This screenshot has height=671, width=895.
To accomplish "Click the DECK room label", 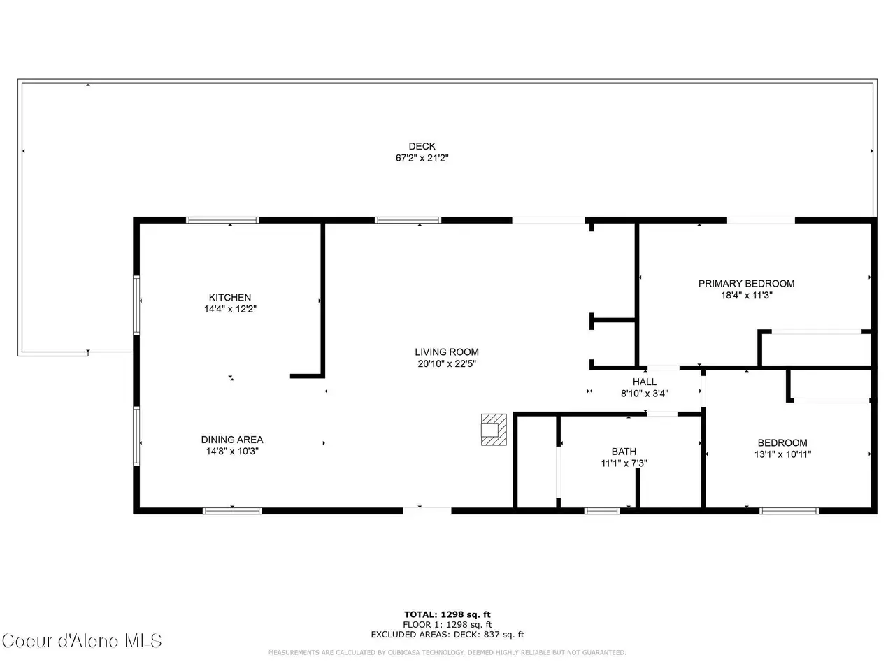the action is point(422,146).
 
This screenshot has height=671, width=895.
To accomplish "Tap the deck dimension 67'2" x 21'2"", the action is point(422,158).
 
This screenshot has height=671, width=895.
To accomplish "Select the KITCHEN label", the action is point(229,298).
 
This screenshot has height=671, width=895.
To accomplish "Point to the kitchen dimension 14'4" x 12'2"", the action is point(230,309).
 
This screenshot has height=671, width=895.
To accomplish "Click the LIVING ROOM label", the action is point(447,352).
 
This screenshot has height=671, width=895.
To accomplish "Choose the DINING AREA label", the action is point(231,440).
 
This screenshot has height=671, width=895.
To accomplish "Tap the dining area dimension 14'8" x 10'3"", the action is point(232,451).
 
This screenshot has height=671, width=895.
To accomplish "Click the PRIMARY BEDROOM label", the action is point(746,284).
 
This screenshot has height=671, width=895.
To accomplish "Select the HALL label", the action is point(644,382).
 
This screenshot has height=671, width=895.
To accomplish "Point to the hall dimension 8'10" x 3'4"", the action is point(644,393).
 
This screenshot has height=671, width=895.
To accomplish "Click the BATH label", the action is point(624,452).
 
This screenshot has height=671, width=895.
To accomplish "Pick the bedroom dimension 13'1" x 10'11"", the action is point(782,454).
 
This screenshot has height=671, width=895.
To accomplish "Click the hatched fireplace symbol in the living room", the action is point(494,430).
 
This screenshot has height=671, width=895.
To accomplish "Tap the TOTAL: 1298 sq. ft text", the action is point(447,614).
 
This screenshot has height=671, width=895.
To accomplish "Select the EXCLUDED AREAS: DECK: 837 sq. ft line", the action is point(447,635).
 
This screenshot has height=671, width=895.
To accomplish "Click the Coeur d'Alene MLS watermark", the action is point(82,641).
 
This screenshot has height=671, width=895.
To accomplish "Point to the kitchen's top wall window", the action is point(222,220).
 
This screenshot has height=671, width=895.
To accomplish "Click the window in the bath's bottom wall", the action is point(602,511).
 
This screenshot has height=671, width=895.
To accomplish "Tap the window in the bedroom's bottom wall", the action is point(789,511).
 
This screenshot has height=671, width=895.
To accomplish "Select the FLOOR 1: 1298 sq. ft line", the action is point(447,625).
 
